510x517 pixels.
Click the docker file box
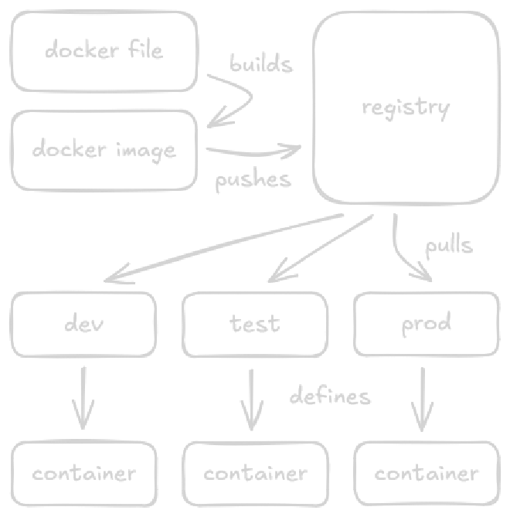coord(104,51)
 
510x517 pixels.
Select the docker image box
coord(104,150)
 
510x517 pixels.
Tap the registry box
coord(405,107)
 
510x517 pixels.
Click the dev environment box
coord(83,323)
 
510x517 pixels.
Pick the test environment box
coord(254,323)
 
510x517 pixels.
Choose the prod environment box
coord(426,323)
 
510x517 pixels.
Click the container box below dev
coord(83,472)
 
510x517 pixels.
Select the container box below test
coord(254,472)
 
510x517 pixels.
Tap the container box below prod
coord(426,472)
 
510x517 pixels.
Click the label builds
coord(261,64)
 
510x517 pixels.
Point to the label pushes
coord(253,181)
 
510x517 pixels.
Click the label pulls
coord(449,246)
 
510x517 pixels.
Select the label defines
coord(330,396)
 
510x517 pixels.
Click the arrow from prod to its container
coord(422,398)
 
